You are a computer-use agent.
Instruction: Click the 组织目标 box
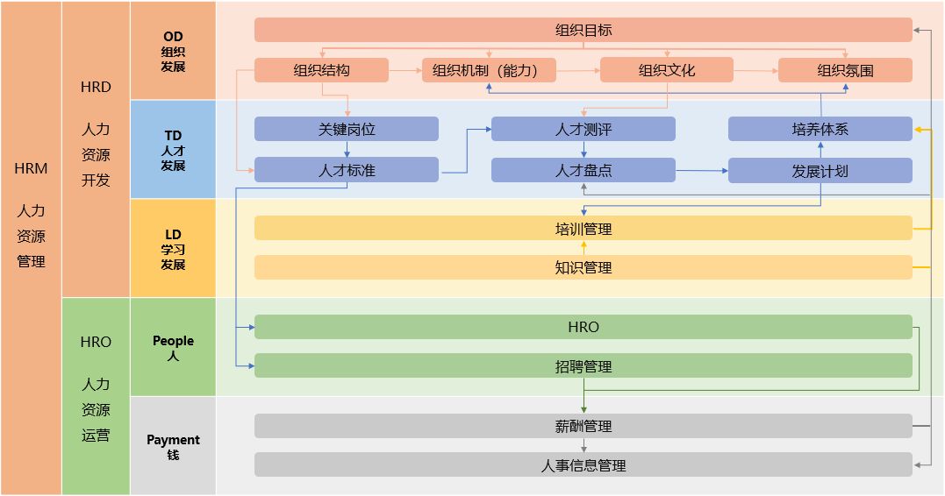coord(583,30)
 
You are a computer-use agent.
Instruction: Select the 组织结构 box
coord(321,70)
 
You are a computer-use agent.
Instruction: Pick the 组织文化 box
coord(667,70)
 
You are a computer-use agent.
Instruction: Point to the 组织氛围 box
coord(845,70)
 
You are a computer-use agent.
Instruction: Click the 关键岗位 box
coord(346,129)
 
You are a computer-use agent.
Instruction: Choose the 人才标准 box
coord(346,170)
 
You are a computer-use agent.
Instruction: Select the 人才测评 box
coord(583,129)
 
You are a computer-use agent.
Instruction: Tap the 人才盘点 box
coord(583,170)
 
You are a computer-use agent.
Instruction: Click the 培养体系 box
coord(820,129)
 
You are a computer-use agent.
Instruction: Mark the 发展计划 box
coord(820,170)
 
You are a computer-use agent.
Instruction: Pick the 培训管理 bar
coord(583,229)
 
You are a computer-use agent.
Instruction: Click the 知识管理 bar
coord(583,267)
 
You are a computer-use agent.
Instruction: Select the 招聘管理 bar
coord(583,366)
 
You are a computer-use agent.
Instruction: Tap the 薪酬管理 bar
coord(583,426)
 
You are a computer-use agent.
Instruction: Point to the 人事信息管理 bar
coord(583,465)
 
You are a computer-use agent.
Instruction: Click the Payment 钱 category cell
coord(173,446)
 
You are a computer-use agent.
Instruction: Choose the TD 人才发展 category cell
coord(173,150)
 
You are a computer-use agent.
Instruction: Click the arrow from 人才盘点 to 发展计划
coord(702,170)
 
